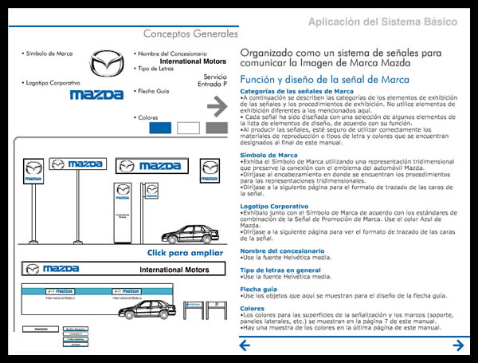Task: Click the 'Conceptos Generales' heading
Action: coord(190,34)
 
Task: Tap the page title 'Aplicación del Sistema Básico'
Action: coord(383,22)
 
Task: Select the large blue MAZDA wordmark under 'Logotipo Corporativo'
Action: coord(96,94)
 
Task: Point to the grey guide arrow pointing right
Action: coord(217,105)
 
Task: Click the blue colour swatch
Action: coord(160,127)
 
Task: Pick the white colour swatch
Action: coord(189,127)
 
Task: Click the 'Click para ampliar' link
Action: coord(185,252)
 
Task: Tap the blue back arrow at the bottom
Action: coord(245,345)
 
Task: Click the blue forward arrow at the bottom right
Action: coord(458,345)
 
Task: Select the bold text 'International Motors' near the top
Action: coord(192,61)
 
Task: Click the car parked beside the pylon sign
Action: coord(190,234)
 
